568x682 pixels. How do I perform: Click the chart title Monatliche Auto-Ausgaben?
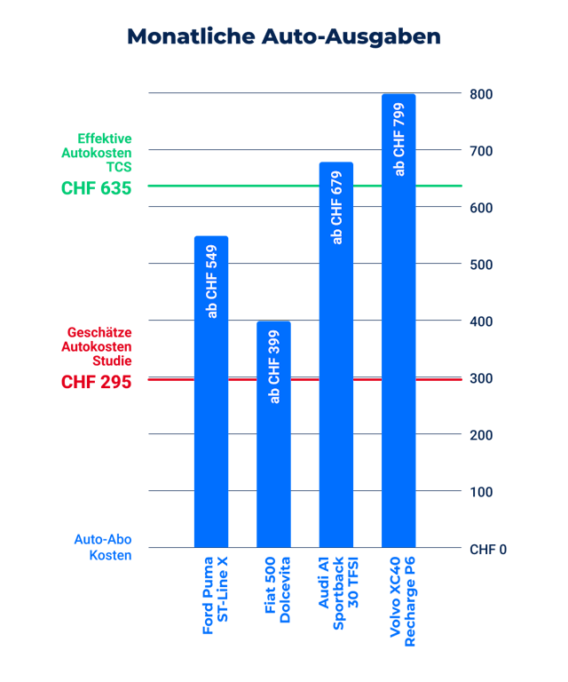(x=284, y=36)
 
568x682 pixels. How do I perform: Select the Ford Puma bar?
(x=211, y=426)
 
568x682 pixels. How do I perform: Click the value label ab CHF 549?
(x=211, y=281)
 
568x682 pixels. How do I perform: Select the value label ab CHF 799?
(x=399, y=139)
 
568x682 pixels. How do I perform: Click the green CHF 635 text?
(x=96, y=188)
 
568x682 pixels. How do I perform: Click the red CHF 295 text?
(x=96, y=382)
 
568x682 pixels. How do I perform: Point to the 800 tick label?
(x=482, y=94)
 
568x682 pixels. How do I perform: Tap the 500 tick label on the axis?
(x=482, y=265)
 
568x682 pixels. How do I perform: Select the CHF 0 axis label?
(x=488, y=550)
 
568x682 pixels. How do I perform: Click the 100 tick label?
(x=482, y=492)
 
